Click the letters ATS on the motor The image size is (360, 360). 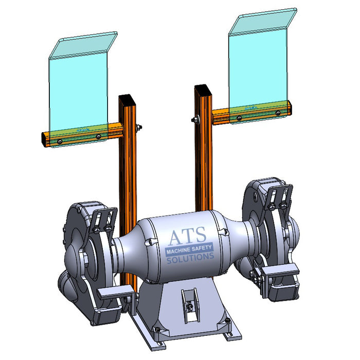[187, 237]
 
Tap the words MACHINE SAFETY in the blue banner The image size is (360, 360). [188, 250]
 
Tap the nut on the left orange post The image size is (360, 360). [138, 128]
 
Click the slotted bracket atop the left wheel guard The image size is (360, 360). [105, 218]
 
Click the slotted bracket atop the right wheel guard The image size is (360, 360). [278, 196]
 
